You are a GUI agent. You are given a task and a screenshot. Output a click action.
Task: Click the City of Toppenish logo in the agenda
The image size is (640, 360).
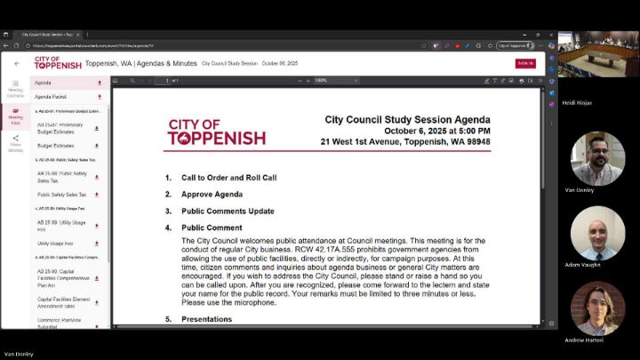click(216, 132)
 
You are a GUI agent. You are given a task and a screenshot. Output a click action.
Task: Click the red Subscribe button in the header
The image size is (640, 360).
click(524, 63)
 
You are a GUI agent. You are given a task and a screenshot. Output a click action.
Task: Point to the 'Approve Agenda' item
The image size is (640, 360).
click(212, 194)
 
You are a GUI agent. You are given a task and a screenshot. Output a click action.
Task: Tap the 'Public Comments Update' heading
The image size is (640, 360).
click(228, 211)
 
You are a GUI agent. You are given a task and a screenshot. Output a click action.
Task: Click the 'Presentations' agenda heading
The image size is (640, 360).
click(206, 319)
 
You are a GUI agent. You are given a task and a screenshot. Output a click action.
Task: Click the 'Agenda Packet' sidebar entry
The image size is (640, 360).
click(51, 96)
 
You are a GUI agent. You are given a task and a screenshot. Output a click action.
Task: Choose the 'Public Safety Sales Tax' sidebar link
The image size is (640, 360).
click(62, 194)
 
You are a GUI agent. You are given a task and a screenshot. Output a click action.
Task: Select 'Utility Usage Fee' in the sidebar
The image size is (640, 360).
click(55, 243)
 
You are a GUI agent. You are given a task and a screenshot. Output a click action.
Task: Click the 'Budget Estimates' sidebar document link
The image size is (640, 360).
click(57, 145)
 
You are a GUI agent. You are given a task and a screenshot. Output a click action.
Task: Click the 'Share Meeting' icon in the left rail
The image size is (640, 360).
click(15, 142)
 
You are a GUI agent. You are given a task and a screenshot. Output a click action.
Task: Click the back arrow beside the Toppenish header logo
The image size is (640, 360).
click(16, 64)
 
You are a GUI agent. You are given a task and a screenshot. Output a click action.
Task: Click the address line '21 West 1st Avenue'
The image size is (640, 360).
click(404, 141)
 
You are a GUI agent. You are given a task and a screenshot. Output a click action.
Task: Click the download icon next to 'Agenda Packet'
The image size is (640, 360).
click(99, 96)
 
